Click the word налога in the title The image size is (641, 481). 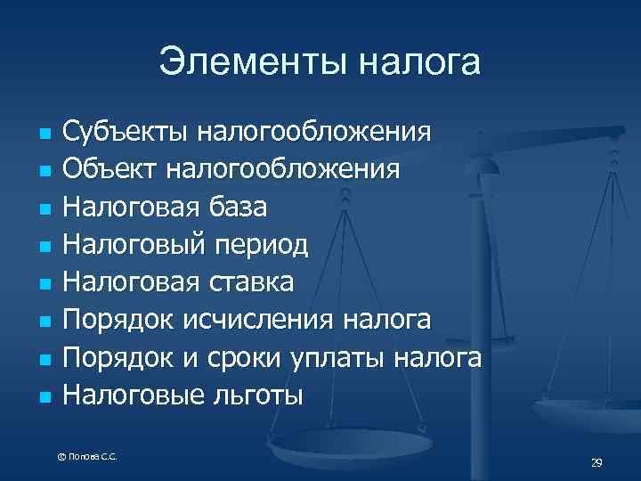[x=418, y=62]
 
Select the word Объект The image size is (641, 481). [x=110, y=169]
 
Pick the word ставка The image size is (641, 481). [x=250, y=281]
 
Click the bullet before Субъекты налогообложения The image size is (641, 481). [x=43, y=133]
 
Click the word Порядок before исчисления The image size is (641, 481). [x=123, y=320]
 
